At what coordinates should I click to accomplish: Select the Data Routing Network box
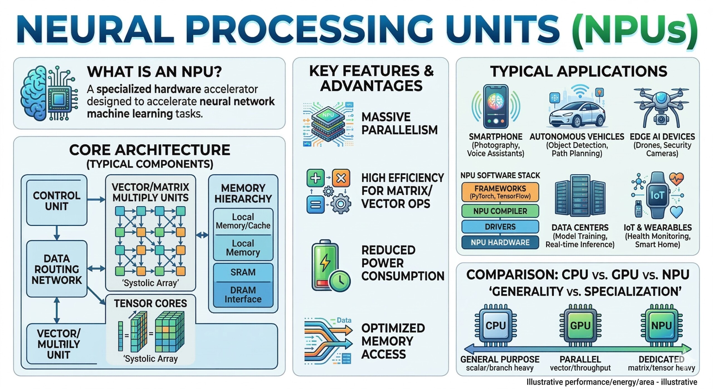click(57, 269)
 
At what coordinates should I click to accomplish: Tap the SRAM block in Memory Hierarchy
click(243, 272)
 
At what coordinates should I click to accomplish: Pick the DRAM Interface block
click(243, 295)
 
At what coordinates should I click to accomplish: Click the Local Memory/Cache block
click(243, 221)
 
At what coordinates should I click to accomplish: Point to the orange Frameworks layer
click(500, 192)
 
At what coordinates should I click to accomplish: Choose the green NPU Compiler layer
click(500, 211)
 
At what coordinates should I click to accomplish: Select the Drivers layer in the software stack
click(500, 227)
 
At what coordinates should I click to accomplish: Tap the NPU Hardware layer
click(500, 242)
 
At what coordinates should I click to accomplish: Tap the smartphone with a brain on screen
click(496, 106)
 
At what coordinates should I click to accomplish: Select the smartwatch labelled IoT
click(657, 195)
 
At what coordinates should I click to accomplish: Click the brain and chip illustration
click(49, 93)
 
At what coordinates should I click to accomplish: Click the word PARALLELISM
click(399, 130)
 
